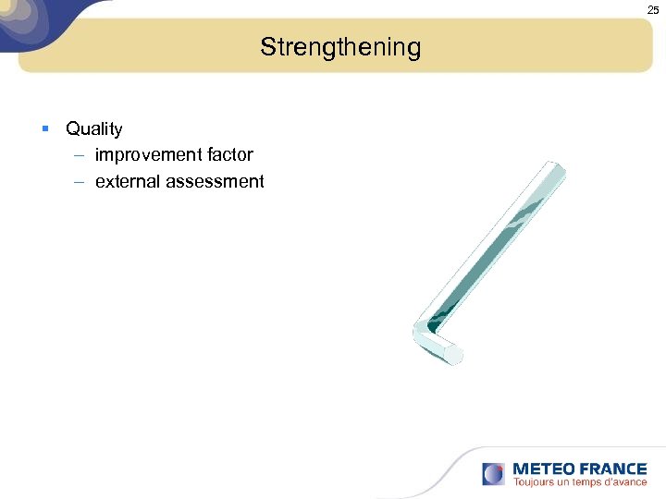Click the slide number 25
click(653, 9)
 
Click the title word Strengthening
click(339, 47)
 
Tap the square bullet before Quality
click(45, 129)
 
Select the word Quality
click(93, 129)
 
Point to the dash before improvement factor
click(80, 155)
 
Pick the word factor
click(231, 155)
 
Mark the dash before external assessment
click(80, 182)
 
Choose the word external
click(128, 182)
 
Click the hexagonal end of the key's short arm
click(453, 355)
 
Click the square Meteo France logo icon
click(493, 474)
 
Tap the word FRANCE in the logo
click(611, 469)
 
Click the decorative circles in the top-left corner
click(23, 18)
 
